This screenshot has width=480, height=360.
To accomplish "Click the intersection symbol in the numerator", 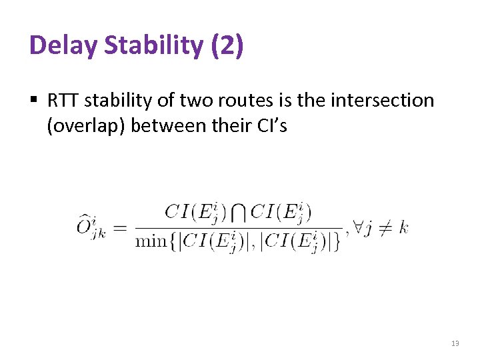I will (239, 213).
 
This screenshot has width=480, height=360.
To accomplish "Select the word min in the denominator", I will (151, 241).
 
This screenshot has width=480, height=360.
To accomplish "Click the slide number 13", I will (455, 343).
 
